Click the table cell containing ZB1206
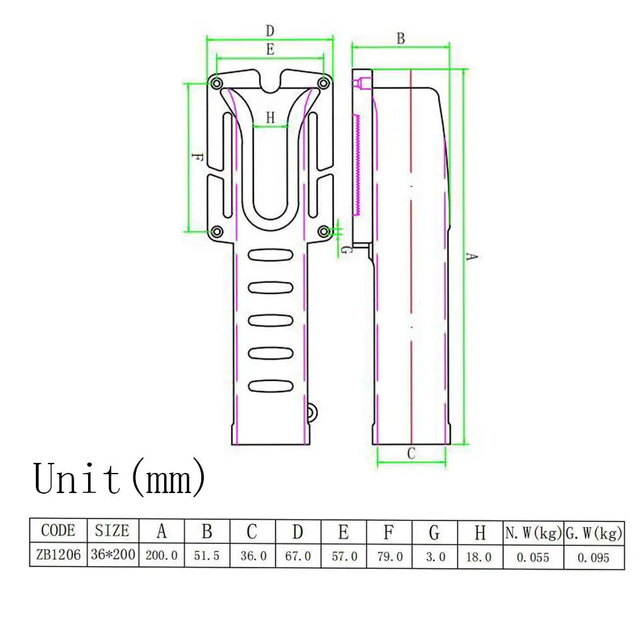[58, 555]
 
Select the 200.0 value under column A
[162, 556]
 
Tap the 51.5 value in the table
[206, 556]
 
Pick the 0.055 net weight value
[533, 557]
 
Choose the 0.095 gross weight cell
[594, 557]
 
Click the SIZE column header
[112, 530]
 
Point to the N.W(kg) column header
[533, 533]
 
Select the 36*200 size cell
[113, 555]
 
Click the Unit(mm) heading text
[119, 479]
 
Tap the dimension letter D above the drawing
[270, 31]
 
